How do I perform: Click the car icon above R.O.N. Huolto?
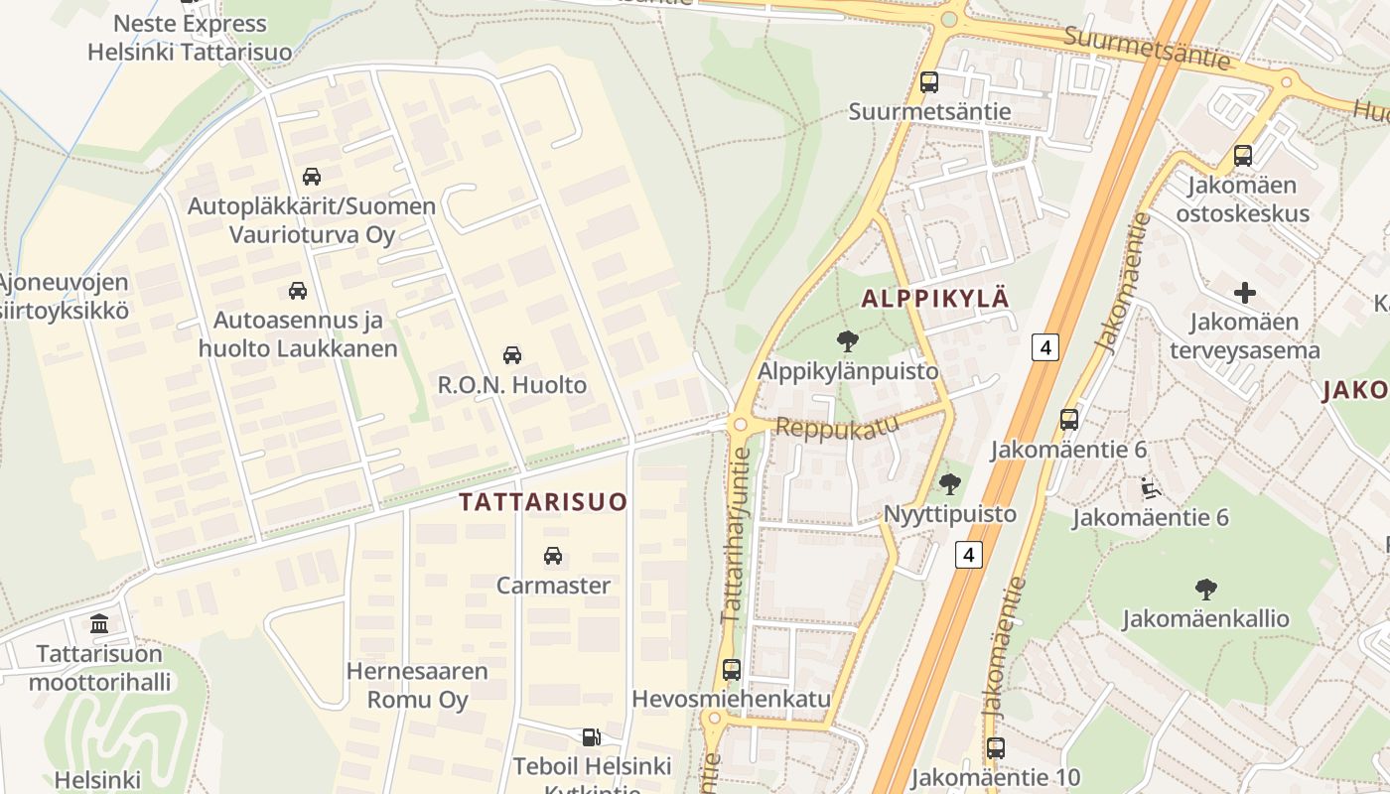tap(512, 355)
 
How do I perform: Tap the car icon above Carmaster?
tap(553, 556)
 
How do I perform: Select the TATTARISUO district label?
tap(543, 502)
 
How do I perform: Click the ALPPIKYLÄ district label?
tap(935, 299)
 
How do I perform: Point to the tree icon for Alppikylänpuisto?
tap(847, 342)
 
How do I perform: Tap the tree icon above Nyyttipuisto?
tap(950, 484)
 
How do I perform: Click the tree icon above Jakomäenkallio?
tap(1205, 590)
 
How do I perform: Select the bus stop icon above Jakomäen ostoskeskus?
tap(1242, 156)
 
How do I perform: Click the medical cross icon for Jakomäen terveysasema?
tap(1244, 293)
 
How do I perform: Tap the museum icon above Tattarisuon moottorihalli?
tap(99, 624)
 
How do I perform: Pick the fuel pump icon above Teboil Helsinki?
tap(591, 737)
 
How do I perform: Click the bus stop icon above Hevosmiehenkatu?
tap(732, 670)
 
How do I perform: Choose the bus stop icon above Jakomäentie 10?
tap(995, 748)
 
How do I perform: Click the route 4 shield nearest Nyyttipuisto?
tap(968, 554)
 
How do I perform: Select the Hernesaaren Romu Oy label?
tap(417, 685)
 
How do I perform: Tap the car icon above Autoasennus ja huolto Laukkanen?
tap(297, 291)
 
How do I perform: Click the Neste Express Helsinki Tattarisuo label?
tap(190, 38)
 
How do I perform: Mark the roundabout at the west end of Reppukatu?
tap(739, 425)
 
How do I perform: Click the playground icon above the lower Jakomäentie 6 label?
tap(1150, 488)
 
